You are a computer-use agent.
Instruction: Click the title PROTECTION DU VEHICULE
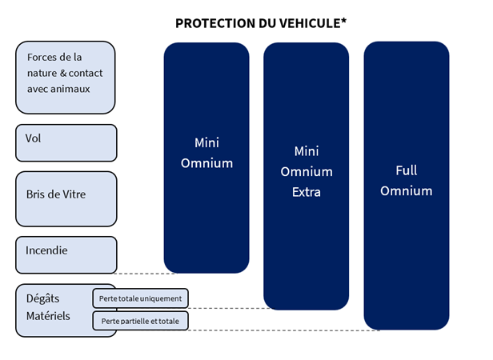point(261,23)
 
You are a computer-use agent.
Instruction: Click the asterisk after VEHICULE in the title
point(343,21)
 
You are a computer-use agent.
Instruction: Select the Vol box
point(66,142)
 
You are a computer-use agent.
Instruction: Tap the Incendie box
point(66,254)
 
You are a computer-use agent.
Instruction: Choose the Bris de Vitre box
point(66,198)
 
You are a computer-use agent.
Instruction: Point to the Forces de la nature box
point(66,78)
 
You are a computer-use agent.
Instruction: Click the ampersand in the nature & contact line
point(63,74)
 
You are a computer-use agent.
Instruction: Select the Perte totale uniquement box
point(141,298)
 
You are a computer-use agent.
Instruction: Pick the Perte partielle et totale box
point(141,321)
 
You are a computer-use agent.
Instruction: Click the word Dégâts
point(42,298)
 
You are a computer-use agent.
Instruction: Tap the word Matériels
point(48,316)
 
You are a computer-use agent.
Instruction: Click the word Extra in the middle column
point(307,192)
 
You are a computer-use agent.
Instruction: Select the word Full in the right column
point(407,170)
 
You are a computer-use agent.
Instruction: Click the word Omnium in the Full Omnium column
point(407,191)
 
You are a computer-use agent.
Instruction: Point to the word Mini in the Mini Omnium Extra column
point(307,151)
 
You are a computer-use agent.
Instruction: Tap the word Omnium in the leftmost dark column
point(206,163)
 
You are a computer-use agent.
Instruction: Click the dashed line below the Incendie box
point(145,274)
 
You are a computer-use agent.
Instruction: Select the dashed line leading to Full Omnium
point(285,330)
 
